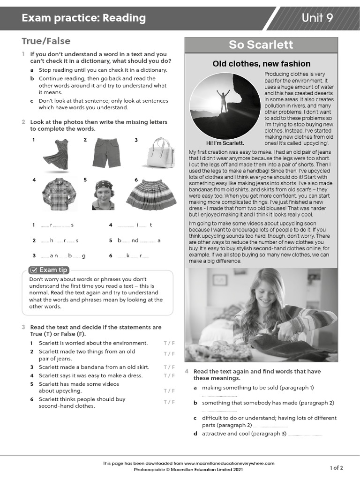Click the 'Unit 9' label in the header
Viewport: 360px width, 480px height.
tap(317, 18)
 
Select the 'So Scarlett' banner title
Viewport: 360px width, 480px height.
tap(261, 45)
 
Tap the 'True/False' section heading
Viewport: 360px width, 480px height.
tap(46, 41)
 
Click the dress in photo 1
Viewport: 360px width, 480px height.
tap(55, 154)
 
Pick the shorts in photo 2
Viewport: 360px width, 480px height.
tap(106, 152)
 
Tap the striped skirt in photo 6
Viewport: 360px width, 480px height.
tap(151, 195)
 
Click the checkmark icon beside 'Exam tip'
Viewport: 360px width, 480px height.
tap(34, 270)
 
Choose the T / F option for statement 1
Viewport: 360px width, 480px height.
tap(169, 343)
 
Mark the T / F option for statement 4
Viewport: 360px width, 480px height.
tap(169, 375)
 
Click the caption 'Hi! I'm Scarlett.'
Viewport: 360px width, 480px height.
tap(225, 143)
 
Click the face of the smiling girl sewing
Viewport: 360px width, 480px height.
tap(267, 294)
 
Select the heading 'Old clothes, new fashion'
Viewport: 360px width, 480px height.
tap(261, 64)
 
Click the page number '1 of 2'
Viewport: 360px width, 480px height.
tap(336, 467)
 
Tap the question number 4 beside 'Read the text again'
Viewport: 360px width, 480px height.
tap(187, 371)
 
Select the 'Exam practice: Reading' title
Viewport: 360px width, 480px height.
tap(84, 18)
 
